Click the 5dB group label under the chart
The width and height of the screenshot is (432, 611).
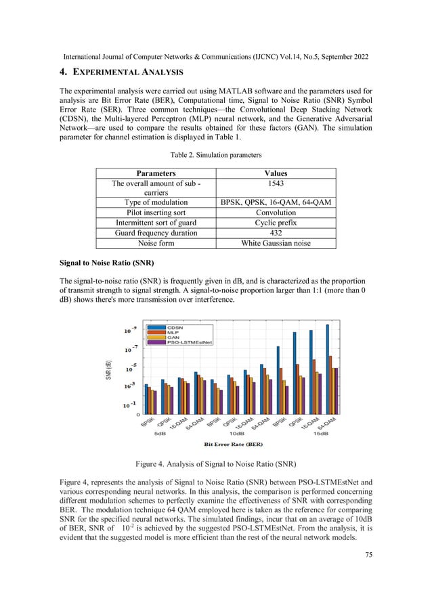[160, 433]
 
